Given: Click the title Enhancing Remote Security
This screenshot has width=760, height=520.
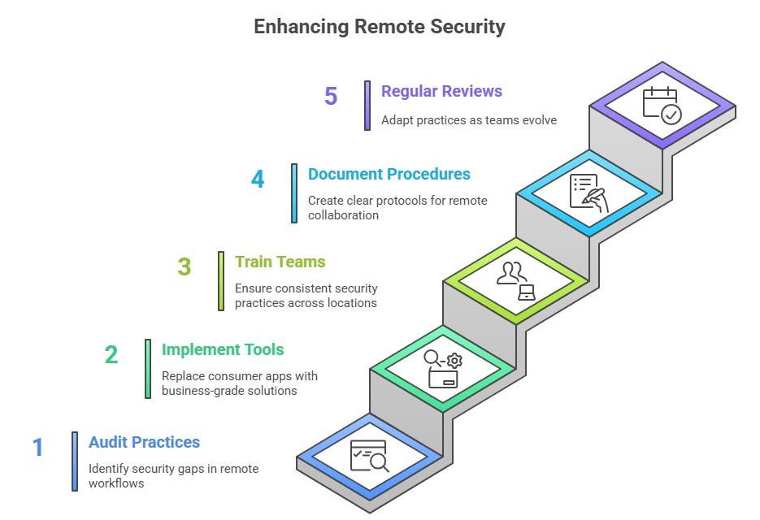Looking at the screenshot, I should (380, 26).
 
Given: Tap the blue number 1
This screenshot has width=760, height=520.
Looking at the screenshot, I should (37, 447).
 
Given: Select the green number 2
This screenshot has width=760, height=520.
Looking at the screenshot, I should (111, 354).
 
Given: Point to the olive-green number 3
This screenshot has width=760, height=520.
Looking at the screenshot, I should (185, 266).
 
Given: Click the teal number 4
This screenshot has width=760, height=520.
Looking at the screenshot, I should (258, 179).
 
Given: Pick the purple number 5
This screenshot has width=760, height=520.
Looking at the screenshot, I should (331, 96).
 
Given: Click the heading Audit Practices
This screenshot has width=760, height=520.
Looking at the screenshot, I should (144, 443).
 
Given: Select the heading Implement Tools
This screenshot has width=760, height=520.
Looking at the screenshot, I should (223, 350).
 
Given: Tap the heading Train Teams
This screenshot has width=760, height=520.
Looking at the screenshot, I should (280, 262).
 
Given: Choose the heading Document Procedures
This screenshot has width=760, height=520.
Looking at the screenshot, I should (389, 174).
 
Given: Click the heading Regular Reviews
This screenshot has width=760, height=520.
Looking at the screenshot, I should (441, 91).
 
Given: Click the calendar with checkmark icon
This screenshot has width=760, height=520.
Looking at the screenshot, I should (662, 105).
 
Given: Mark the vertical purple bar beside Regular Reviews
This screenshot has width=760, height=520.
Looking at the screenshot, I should (367, 106).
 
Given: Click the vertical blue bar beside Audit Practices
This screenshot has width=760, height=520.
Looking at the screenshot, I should (75, 461).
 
